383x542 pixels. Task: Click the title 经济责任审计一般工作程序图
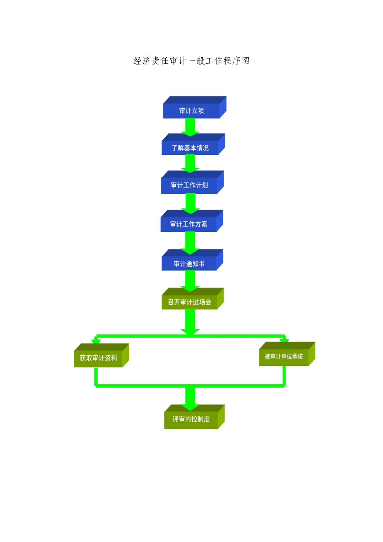[191, 61]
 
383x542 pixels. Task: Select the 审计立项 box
[191, 110]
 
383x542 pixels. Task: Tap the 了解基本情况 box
[190, 148]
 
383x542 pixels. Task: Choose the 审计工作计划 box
[189, 186]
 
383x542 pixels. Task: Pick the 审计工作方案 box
[189, 224]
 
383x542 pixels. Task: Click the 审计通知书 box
[189, 264]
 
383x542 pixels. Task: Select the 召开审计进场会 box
[189, 302]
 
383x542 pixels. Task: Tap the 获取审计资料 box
[98, 358]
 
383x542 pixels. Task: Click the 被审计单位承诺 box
[284, 356]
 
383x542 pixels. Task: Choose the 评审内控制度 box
[191, 419]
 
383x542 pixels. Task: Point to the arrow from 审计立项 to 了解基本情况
[190, 127]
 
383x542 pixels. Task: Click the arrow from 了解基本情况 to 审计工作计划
[190, 163]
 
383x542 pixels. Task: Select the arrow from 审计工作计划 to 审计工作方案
[190, 202]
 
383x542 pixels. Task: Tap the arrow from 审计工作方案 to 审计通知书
[190, 242]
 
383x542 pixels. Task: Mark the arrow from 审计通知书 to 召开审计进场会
[190, 280]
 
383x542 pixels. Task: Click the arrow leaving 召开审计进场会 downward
[190, 321]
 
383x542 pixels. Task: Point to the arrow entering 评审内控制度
[190, 397]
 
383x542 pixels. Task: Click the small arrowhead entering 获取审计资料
[96, 341]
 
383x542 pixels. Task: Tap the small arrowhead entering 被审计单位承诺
[285, 340]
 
